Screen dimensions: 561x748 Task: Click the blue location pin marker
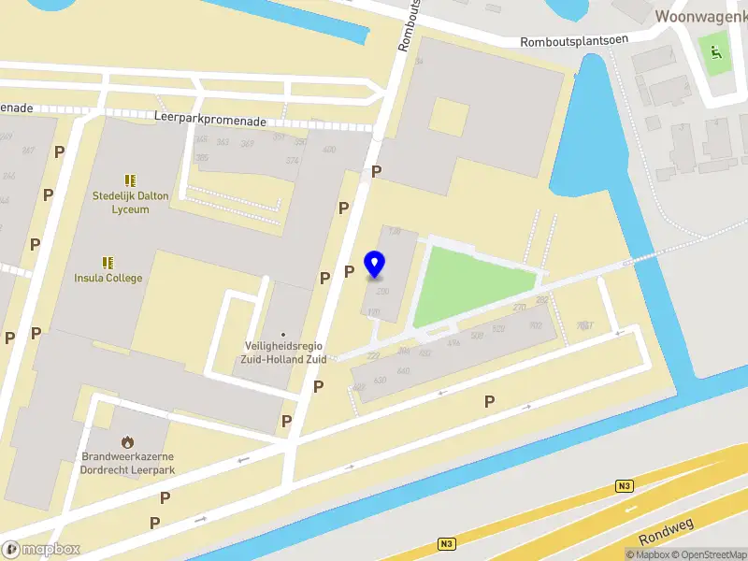coord(375,265)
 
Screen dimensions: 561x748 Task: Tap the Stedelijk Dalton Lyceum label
coord(121,203)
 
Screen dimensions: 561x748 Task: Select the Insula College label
coord(108,278)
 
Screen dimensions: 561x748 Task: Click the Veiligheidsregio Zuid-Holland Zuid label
coord(283,352)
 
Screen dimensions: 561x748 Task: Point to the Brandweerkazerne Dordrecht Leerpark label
coord(128,464)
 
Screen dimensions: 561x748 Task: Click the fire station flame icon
coord(128,441)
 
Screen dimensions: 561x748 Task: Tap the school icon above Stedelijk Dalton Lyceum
coord(130,180)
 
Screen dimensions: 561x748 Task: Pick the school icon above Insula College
coord(108,262)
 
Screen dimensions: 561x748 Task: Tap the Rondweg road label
coord(668,532)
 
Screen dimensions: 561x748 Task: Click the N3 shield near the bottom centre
coord(447,543)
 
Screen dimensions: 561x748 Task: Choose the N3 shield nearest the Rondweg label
coord(625,485)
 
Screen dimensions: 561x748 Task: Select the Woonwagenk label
coord(699,16)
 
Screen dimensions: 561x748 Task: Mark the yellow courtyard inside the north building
coord(448,116)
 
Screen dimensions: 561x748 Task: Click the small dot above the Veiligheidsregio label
coord(282,335)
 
